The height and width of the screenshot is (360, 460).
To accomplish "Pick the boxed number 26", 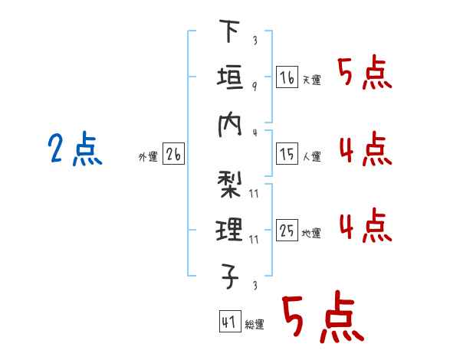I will click(x=173, y=154).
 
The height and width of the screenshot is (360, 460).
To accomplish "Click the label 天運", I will click(x=311, y=80).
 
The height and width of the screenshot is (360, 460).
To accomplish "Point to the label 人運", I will click(x=311, y=157).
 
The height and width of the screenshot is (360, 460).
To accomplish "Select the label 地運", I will click(x=311, y=233).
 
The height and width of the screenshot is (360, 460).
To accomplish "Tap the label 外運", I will click(x=148, y=157).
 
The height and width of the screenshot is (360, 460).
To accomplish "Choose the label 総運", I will click(x=254, y=324).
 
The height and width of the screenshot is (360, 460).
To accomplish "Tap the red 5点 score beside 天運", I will click(x=364, y=74).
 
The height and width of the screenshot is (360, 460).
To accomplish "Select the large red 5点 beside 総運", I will click(x=322, y=318).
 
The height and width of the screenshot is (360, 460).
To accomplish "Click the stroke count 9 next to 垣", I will click(x=254, y=86).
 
